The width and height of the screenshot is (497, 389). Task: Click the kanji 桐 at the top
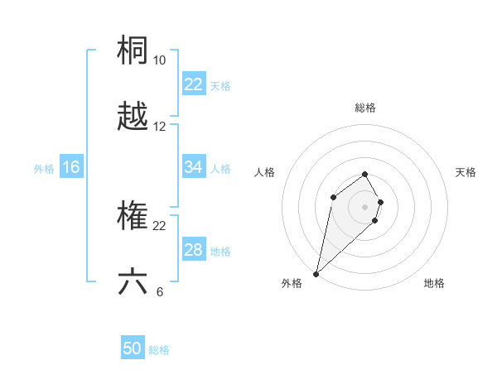[x=133, y=50]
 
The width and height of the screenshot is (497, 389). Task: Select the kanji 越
[x=133, y=117]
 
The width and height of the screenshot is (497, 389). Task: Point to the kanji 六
[x=133, y=281]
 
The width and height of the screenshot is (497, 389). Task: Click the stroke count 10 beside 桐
[x=159, y=60]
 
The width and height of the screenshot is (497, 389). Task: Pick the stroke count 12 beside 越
[x=159, y=127]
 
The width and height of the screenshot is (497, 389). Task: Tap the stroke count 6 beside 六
[x=159, y=291]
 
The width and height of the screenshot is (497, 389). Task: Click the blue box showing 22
[x=193, y=84]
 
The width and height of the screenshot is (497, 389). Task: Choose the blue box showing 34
[x=193, y=167]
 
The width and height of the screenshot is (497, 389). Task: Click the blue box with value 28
[x=193, y=250]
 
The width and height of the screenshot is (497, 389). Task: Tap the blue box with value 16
[x=71, y=167]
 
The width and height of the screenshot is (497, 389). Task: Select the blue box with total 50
[x=133, y=349]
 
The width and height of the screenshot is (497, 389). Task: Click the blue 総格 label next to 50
[x=159, y=350]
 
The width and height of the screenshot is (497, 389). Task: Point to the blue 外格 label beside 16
[x=44, y=168]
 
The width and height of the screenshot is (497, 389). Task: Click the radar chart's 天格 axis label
[x=466, y=172]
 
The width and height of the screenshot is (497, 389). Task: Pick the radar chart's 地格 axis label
[x=434, y=283]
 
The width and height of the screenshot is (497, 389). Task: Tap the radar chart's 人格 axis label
[x=265, y=172]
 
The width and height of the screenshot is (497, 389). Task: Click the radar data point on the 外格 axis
[x=316, y=273]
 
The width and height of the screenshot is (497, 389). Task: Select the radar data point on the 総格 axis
[x=365, y=174]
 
